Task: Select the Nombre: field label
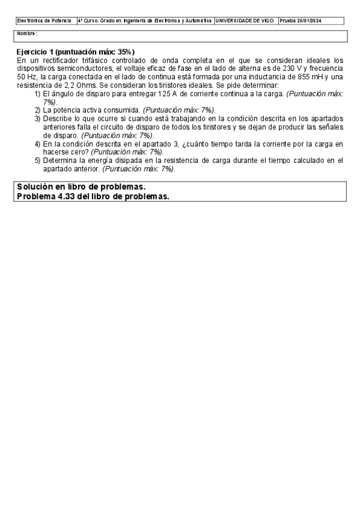(x=28, y=34)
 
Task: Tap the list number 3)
(x=37, y=119)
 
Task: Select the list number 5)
(x=37, y=161)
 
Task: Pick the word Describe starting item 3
(x=58, y=119)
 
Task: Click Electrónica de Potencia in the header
(x=44, y=20)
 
